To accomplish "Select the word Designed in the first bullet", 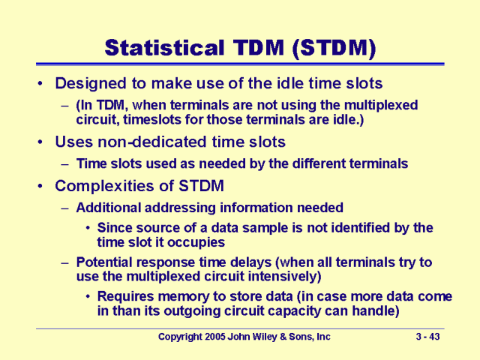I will click(88, 83).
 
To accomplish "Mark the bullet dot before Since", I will click(90, 227).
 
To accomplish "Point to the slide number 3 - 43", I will click(428, 337).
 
